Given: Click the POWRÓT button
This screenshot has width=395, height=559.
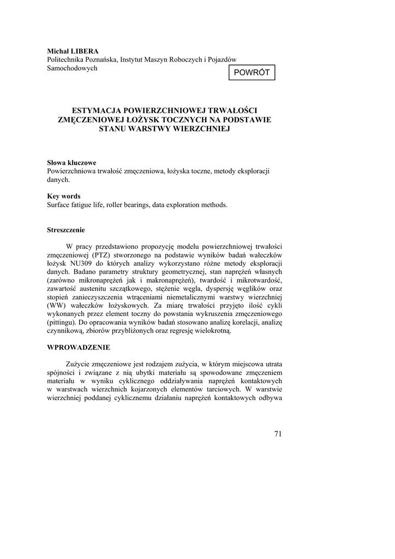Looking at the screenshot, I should pos(252,73).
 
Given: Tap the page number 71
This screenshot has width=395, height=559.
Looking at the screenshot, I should pos(277,434).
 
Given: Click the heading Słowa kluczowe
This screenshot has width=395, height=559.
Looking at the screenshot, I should pos(72,163).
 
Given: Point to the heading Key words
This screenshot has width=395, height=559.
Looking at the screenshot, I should pos(64,196).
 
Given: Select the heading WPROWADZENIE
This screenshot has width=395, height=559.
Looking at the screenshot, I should pos(79,347).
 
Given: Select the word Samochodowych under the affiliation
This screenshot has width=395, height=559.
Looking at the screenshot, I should pos(73,68).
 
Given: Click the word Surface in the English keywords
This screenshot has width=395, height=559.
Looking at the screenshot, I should pos(61,205).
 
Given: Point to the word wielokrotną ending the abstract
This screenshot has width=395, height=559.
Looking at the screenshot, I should pos(212,331).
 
